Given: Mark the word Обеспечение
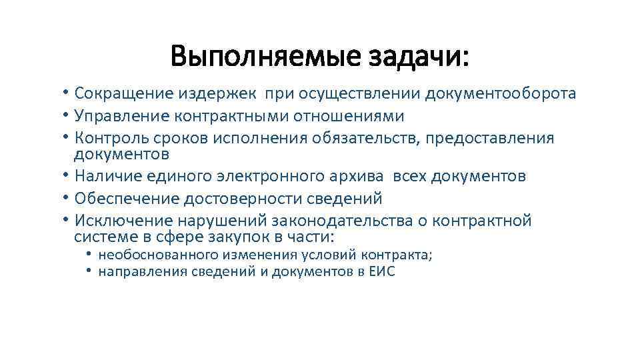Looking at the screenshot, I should [x=122, y=199].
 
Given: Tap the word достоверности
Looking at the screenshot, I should [x=239, y=199].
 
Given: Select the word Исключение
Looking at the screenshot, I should [x=118, y=221].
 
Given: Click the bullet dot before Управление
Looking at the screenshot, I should [x=68, y=116].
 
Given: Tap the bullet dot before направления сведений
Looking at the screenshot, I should [x=89, y=271].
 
